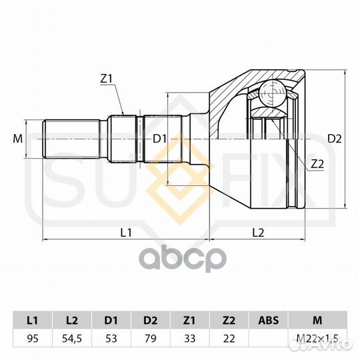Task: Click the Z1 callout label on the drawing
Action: [106, 79]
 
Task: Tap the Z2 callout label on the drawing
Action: [317, 165]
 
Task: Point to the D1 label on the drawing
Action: [159, 139]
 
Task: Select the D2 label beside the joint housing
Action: [334, 139]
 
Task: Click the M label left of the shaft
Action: [18, 139]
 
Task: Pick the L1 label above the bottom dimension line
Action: [126, 233]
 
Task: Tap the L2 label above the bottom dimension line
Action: [258, 233]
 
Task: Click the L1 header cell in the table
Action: [33, 320]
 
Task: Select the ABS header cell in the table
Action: [269, 320]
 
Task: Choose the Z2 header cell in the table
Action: [229, 320]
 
